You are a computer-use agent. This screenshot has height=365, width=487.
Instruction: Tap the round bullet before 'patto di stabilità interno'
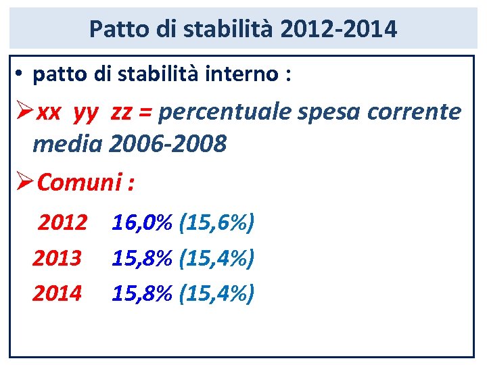(x=22, y=74)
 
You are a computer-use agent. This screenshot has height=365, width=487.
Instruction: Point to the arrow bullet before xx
(x=24, y=112)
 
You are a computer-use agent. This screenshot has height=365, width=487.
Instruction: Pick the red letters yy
(x=85, y=112)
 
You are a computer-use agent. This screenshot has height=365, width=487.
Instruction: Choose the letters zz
(x=121, y=112)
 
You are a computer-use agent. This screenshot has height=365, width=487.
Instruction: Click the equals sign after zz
(x=146, y=112)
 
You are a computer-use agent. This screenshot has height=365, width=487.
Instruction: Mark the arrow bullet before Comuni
(x=24, y=182)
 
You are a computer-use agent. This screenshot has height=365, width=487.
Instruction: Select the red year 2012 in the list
(x=62, y=222)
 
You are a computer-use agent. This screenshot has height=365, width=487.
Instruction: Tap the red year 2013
(x=57, y=258)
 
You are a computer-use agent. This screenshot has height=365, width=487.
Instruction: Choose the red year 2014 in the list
(x=57, y=293)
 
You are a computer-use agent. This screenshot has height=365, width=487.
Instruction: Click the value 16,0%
(x=142, y=222)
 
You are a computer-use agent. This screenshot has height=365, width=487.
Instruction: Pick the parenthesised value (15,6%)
(x=216, y=222)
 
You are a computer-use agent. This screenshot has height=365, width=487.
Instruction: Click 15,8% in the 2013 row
(x=142, y=258)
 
